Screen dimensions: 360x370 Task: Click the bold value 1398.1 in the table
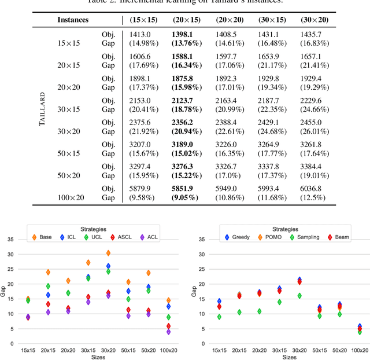pos(183,35)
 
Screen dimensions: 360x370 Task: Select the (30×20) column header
pos(314,20)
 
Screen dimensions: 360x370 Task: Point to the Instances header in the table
pos(72,20)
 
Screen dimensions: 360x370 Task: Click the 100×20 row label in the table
pos(71,197)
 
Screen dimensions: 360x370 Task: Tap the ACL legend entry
pos(149,237)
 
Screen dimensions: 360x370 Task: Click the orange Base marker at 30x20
pos(109,253)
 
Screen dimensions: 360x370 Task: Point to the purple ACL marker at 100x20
pos(169,332)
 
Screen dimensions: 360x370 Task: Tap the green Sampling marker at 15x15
pos(218,317)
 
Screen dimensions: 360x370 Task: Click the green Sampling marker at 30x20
pos(299,296)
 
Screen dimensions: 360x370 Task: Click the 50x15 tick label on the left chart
pos(128,351)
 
